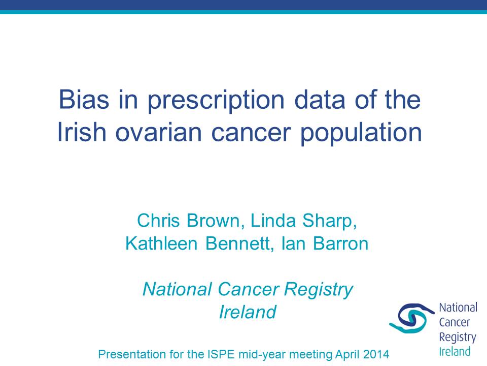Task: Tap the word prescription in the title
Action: [216, 102]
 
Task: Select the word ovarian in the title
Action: [158, 132]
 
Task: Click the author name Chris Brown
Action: [189, 221]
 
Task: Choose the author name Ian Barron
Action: [325, 243]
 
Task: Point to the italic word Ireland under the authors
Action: [248, 312]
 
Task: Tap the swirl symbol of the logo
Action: [412, 319]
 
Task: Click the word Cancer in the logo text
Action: [455, 322]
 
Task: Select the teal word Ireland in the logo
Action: [455, 352]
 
